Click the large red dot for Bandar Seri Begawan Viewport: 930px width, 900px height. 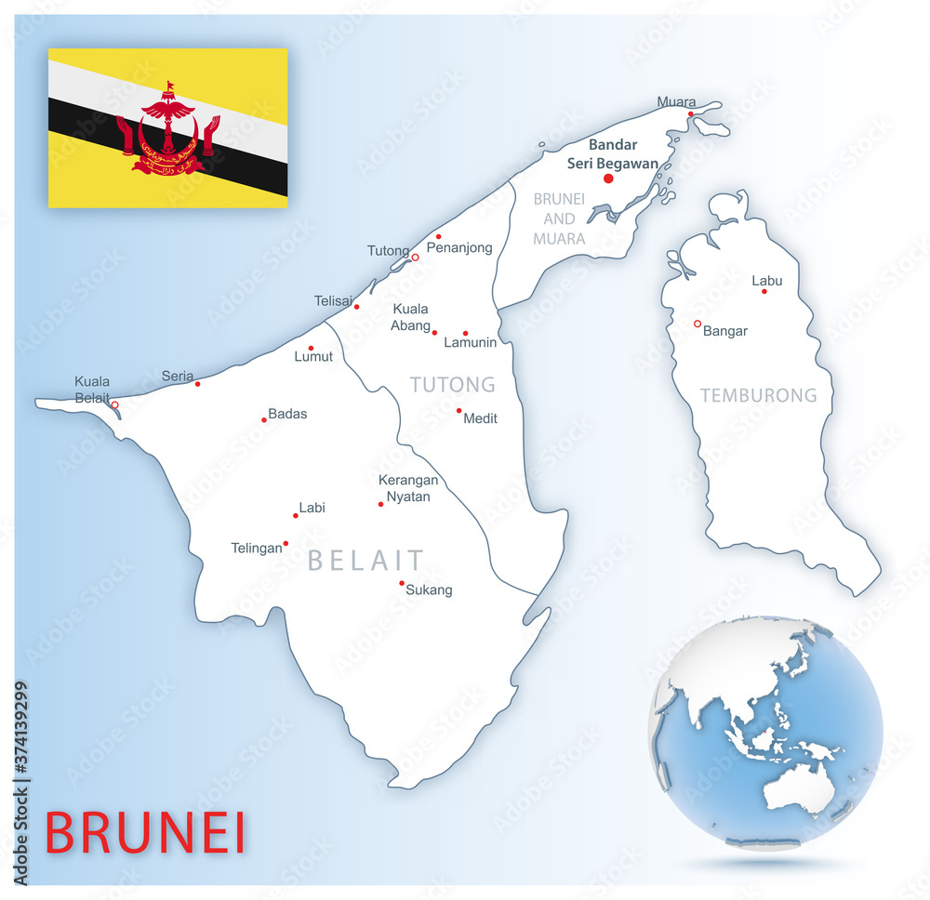[x=608, y=179]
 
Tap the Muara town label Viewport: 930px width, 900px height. [x=676, y=101]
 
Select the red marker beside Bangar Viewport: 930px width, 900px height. [x=697, y=324]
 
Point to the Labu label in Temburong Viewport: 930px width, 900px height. [x=767, y=281]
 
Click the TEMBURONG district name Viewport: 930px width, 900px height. [x=758, y=395]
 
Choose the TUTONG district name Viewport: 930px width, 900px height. [x=453, y=384]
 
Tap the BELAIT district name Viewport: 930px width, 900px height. [x=365, y=560]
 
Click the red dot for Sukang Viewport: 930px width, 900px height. [x=402, y=584]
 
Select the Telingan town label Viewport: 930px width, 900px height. [x=256, y=549]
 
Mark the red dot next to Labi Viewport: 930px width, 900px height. [x=296, y=515]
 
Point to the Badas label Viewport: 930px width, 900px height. [x=287, y=414]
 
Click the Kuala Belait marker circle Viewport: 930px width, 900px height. [x=114, y=405]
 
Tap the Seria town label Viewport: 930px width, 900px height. [x=177, y=376]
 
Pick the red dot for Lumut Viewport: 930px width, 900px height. [x=311, y=349]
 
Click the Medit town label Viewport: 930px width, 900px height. [x=480, y=418]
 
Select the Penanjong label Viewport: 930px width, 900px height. [x=459, y=247]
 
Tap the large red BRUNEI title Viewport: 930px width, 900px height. [x=146, y=832]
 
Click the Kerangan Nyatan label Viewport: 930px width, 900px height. [x=407, y=488]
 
